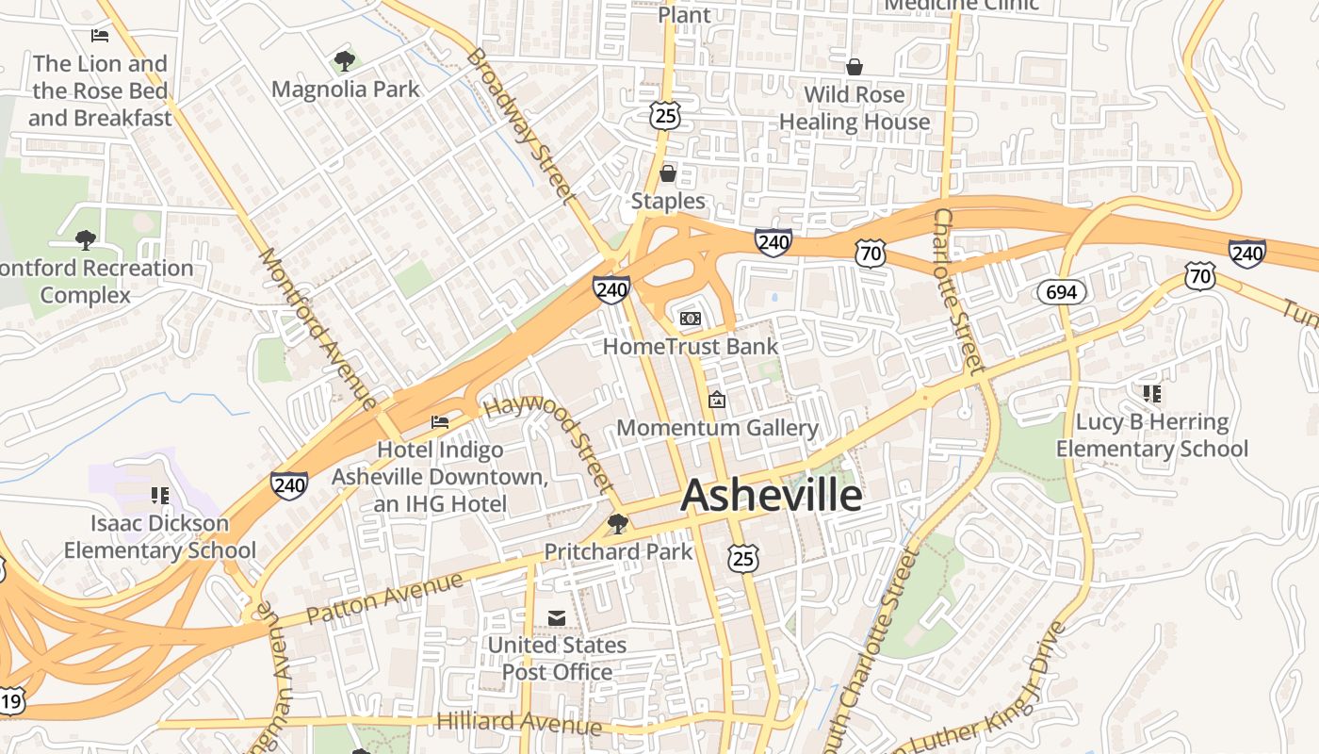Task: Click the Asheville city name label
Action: coord(771,496)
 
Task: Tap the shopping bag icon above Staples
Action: coord(668,173)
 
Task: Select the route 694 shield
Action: coord(1061,292)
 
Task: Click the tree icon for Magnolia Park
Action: coord(345,62)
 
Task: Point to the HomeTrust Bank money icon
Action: coord(691,319)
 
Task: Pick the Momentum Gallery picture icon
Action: coord(717,401)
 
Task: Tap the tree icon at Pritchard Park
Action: coord(618,523)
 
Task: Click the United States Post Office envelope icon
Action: coord(557,617)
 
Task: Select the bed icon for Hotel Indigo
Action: coord(440,421)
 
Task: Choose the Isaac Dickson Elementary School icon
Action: coord(159,495)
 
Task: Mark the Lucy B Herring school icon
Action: coord(1151,393)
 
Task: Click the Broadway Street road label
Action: coord(520,126)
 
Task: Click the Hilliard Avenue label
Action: coord(519,723)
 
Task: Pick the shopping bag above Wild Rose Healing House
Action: coord(855,67)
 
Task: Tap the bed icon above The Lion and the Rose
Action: coord(100,36)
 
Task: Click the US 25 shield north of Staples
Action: coord(664,116)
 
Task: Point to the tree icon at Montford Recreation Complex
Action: coord(86,240)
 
